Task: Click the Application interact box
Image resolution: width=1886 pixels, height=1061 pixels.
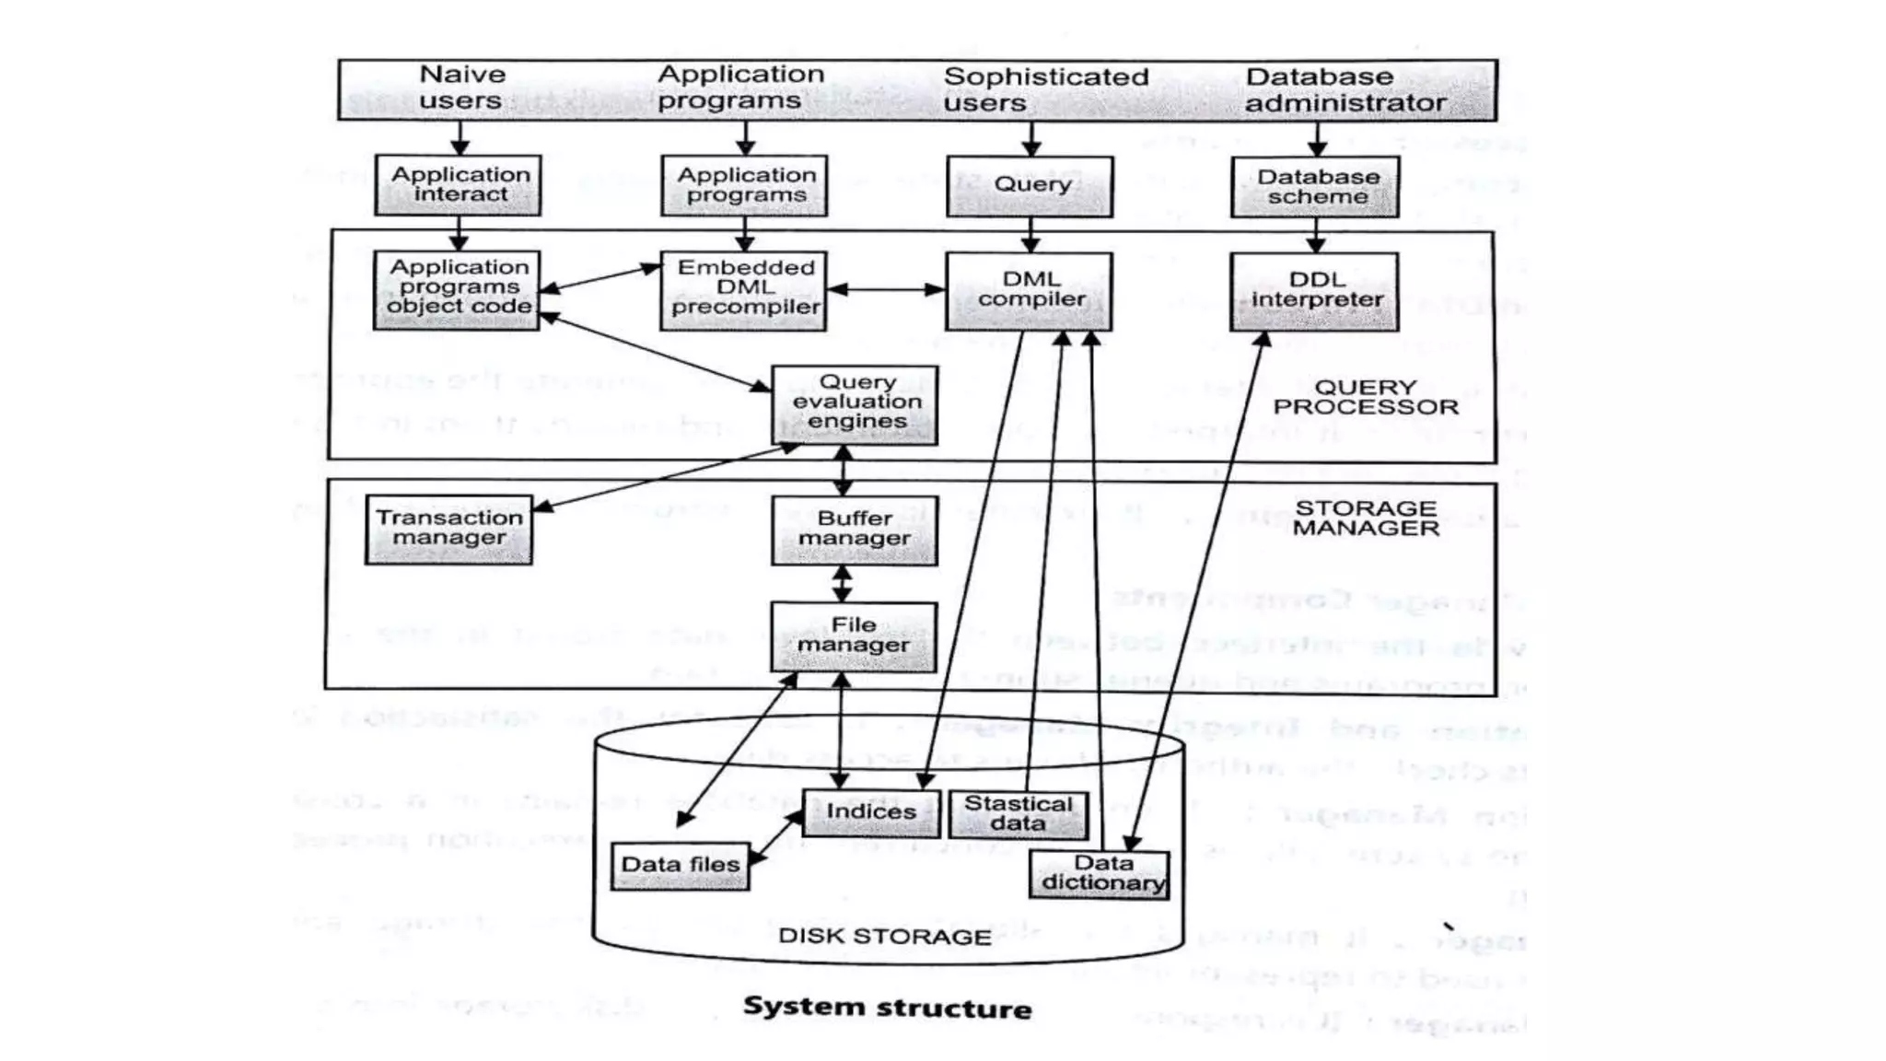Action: [x=458, y=185]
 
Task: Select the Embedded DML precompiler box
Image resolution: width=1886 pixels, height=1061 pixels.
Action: [x=744, y=290]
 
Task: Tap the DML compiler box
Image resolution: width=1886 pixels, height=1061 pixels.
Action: [x=1029, y=291]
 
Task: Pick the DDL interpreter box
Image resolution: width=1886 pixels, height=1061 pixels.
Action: [x=1314, y=291]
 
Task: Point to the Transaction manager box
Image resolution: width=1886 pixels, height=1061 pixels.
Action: [x=448, y=530]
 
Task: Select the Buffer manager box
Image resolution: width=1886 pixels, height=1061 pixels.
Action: [x=854, y=530]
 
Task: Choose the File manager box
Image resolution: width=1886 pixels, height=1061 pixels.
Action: [x=854, y=635]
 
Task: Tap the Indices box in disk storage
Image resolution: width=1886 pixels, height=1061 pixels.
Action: [x=870, y=812]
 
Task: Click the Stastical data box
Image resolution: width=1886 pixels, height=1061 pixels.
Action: [x=1018, y=814]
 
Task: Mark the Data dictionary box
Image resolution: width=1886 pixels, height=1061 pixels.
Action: [x=1100, y=873]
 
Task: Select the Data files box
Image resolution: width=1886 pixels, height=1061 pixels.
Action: [x=681, y=865]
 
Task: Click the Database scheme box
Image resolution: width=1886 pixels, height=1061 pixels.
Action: [x=1315, y=187]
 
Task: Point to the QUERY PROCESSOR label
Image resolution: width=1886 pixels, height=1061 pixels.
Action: [x=1365, y=398]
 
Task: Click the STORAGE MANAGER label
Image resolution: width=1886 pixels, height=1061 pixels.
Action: [x=1365, y=519]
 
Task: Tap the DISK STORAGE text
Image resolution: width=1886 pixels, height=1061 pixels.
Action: [x=884, y=937]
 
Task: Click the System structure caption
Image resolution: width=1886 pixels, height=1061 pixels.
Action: [x=887, y=1008]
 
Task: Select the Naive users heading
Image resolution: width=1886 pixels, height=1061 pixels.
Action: [x=461, y=87]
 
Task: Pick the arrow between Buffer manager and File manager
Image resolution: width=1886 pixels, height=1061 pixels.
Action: [x=842, y=584]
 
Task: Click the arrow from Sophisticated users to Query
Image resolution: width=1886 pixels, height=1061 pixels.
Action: [x=1030, y=139]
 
